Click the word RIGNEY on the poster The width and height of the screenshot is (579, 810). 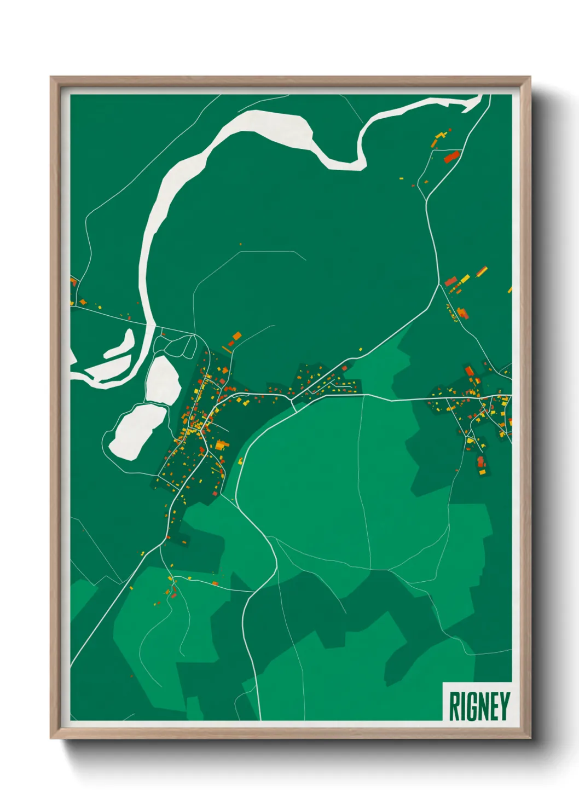tap(479, 705)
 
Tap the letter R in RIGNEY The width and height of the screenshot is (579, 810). tap(454, 705)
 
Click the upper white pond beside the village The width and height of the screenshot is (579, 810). tap(163, 379)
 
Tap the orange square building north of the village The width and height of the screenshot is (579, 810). tap(237, 335)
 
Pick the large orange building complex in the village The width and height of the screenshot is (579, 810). tap(221, 445)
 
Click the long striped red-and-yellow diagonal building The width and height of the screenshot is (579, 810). tap(482, 271)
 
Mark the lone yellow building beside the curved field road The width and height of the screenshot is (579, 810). tap(241, 460)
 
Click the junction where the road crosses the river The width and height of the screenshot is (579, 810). tap(148, 325)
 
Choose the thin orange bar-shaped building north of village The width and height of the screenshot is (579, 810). tap(226, 349)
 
